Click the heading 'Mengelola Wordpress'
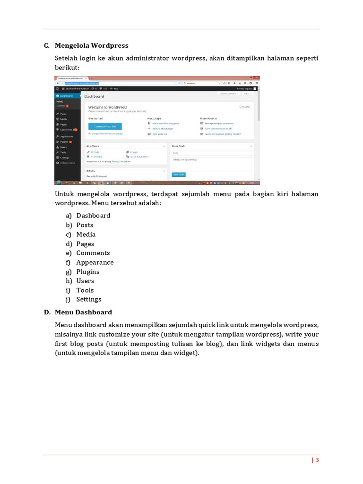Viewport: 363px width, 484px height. coord(91,46)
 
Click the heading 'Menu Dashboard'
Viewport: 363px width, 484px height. coord(83,312)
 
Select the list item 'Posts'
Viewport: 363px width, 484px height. coord(85,225)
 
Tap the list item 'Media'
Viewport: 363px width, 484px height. coord(86,234)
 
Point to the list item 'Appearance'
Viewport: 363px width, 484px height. coord(95,262)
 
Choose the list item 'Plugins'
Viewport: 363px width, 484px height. coord(88,272)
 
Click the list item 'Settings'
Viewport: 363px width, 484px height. coord(89,299)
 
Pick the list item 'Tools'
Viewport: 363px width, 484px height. coord(85,290)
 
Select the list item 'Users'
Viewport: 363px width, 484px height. coord(85,281)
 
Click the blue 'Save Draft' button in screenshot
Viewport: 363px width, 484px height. coord(179,174)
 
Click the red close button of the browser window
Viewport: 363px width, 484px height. coord(256,78)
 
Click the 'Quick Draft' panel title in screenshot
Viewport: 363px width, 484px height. coord(179,146)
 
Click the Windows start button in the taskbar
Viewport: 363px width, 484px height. coord(59,182)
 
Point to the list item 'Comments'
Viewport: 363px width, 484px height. coord(93,253)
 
